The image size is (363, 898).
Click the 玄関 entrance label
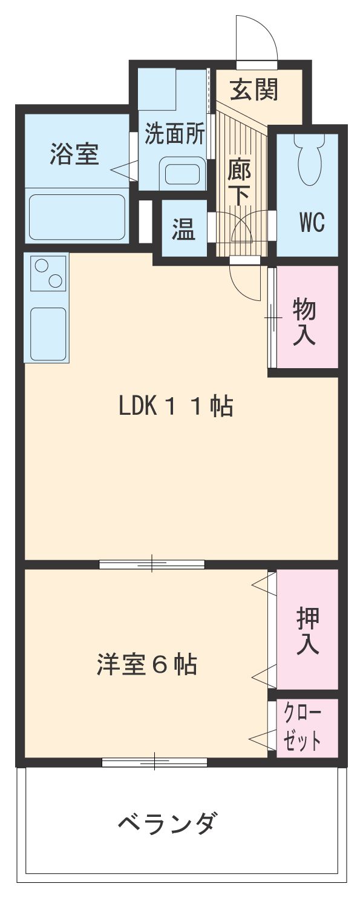point(254,91)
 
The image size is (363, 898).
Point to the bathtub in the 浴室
point(77,216)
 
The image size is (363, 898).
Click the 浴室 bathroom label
point(74,154)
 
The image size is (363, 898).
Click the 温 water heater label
point(183,229)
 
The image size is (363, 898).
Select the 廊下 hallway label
point(238,182)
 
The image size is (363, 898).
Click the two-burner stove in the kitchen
point(48,274)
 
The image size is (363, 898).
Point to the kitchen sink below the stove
point(48,334)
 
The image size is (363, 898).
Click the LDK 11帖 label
point(176,406)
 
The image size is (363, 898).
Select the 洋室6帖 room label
point(146,665)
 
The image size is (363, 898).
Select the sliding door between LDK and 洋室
point(152,564)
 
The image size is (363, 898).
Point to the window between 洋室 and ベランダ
point(155,762)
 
